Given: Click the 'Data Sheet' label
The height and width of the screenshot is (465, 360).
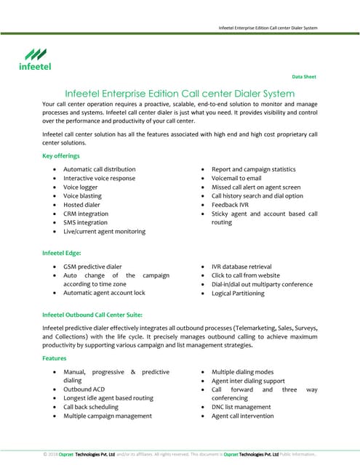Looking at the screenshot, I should (x=304, y=77).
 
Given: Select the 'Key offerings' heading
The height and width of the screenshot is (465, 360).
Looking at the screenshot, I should (x=63, y=156).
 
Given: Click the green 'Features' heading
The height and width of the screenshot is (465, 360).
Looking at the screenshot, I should (x=55, y=359).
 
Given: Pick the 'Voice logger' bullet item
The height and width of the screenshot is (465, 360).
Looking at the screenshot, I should (x=80, y=187).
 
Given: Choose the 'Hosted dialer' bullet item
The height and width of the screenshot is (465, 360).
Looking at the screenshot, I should (x=82, y=205).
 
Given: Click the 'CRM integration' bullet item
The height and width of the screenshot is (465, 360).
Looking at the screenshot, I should (x=85, y=214).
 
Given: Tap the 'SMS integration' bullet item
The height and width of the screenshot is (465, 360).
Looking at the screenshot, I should (x=85, y=222).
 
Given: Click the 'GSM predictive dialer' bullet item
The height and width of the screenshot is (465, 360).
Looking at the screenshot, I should (x=92, y=267).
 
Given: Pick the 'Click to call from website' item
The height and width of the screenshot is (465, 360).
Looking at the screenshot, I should (x=245, y=275).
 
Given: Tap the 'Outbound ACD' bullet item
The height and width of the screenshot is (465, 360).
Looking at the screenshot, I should (x=83, y=389).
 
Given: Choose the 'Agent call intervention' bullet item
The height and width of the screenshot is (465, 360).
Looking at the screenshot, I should (x=243, y=416).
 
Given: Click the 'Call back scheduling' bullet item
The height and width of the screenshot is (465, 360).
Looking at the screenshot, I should (x=92, y=407).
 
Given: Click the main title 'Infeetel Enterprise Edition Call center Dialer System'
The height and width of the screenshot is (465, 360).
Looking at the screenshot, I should (x=180, y=94).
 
